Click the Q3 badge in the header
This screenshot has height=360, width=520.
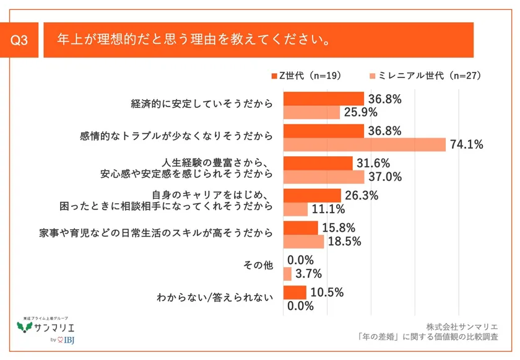coord(20,41)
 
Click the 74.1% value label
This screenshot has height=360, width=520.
coord(466,145)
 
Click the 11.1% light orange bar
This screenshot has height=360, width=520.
coord(295,209)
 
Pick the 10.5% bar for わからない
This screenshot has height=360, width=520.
coord(295,292)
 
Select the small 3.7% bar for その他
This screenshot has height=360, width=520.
coord(287,274)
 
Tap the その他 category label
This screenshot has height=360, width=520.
coord(259,266)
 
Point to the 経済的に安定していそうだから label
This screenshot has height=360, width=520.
coord(201,105)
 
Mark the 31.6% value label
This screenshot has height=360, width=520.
coord(373,164)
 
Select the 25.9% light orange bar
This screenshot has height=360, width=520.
coord(311,112)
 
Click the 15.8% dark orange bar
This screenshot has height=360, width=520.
coord(300,228)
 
